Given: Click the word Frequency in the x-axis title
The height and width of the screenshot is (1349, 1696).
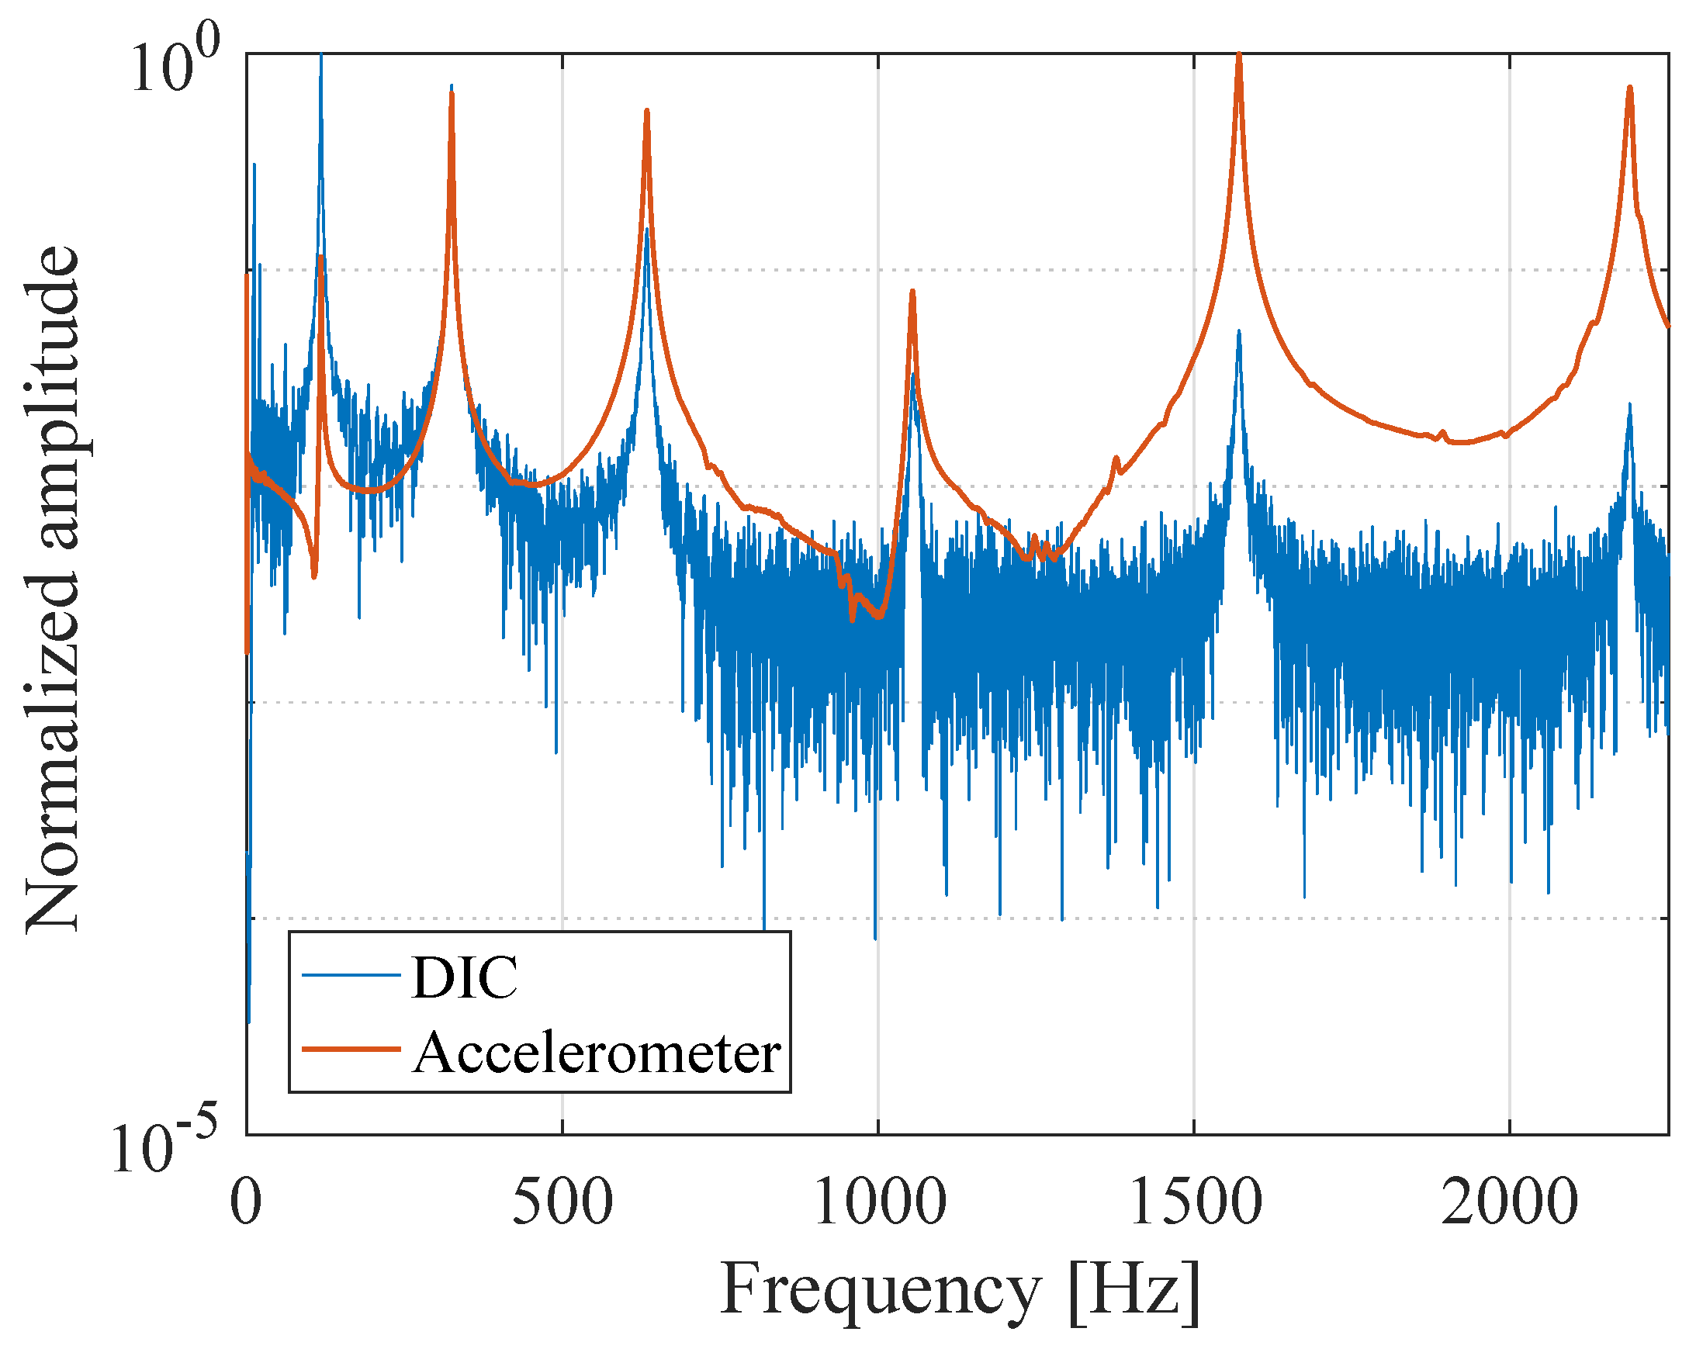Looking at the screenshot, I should click(x=881, y=1290).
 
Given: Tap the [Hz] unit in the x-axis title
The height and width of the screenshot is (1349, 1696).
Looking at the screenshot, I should click(x=1134, y=1290).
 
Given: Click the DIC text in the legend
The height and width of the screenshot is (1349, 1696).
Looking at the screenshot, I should click(x=464, y=978).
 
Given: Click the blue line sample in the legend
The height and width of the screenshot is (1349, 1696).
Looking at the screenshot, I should click(x=351, y=976).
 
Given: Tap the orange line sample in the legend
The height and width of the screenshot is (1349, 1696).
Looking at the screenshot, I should click(x=351, y=1049).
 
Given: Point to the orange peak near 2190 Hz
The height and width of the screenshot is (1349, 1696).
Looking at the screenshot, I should click(x=1629, y=89).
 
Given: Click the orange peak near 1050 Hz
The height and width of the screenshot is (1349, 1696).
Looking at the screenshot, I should click(x=912, y=292).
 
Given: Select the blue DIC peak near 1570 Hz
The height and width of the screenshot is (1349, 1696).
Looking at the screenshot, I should click(x=1239, y=334).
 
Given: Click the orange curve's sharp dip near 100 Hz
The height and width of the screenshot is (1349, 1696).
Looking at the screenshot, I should click(x=314, y=576).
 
